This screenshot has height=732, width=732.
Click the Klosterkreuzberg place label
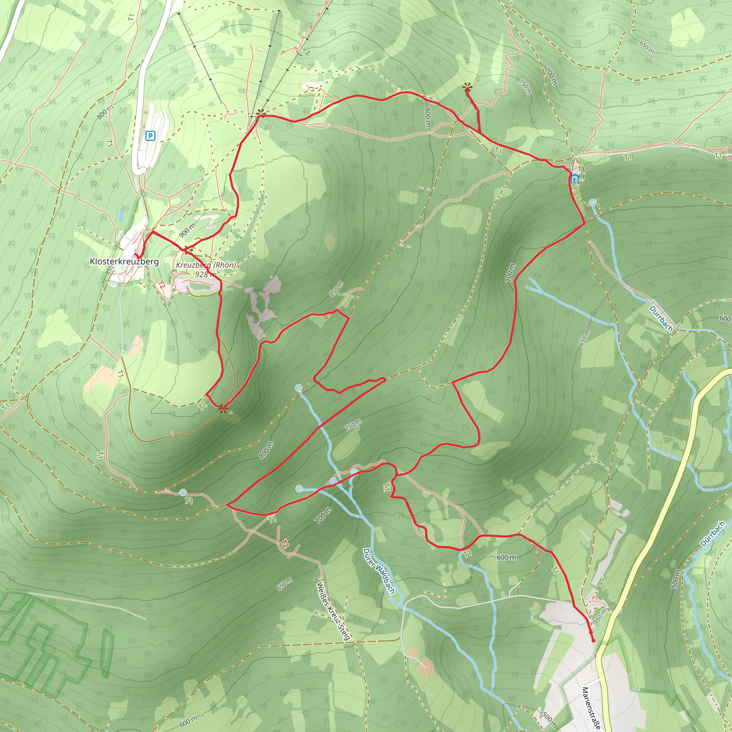(124, 261)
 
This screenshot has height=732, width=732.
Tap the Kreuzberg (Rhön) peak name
(206, 265)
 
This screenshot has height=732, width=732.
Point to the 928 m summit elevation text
(206, 274)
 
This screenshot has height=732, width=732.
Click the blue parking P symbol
(150, 135)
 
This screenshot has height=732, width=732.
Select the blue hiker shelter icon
(575, 178)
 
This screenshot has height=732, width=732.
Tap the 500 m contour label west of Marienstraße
(549, 719)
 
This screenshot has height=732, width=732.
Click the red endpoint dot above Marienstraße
(593, 640)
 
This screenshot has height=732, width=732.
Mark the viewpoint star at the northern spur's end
(467, 89)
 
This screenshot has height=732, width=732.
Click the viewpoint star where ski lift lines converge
(261, 113)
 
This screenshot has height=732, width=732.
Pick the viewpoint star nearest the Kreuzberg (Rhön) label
(188, 250)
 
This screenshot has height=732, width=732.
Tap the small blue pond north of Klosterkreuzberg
(120, 214)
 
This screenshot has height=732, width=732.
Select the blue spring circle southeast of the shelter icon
(593, 203)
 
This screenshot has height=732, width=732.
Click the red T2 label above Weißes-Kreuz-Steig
(285, 544)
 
